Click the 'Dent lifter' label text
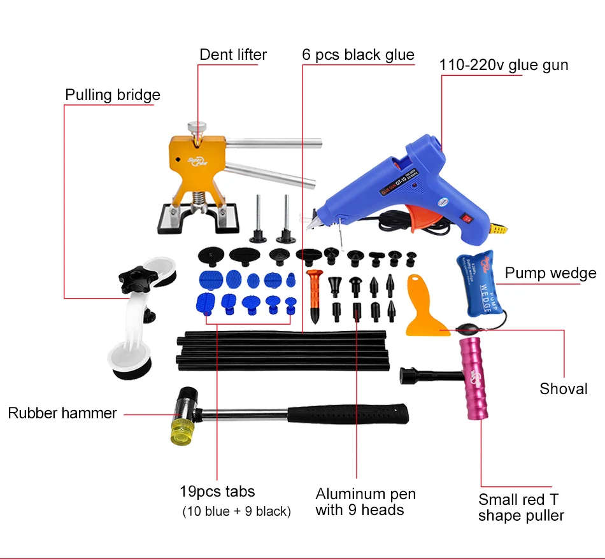[233, 55]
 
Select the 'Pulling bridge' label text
[113, 95]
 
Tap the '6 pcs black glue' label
[358, 55]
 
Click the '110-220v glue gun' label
[503, 64]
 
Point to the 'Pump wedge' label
[550, 273]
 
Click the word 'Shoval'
[563, 388]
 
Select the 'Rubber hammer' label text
[62, 413]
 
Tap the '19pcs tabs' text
[217, 492]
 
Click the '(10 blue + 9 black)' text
[236, 511]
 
